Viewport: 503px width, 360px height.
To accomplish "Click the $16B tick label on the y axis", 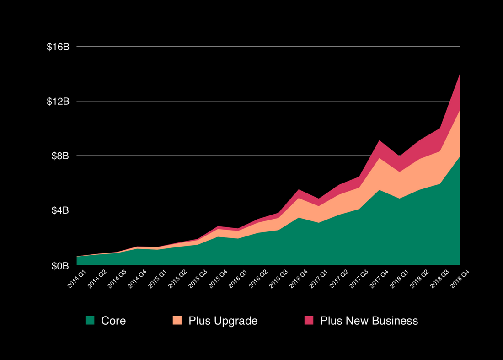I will tap(58, 47).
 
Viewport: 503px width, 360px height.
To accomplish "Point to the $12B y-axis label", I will tap(58, 101).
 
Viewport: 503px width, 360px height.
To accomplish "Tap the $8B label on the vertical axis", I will tap(60, 156).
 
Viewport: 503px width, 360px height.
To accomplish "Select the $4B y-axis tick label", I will tap(60, 210).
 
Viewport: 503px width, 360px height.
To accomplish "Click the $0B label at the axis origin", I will tap(60, 265).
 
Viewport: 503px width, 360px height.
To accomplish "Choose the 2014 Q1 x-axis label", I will tap(76, 278).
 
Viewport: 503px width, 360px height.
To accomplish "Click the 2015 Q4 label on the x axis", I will tap(218, 278).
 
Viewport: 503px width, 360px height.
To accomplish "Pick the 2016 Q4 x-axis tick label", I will tap(298, 278).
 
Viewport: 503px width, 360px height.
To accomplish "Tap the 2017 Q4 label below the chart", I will tap(379, 278).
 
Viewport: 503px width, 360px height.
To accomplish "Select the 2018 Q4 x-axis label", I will tap(460, 278).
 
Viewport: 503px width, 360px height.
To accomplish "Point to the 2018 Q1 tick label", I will tap(399, 278).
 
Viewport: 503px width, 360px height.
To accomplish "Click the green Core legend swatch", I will tap(90, 321).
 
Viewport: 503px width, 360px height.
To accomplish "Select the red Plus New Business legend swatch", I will tap(309, 321).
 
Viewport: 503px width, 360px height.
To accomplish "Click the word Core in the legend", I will tap(113, 321).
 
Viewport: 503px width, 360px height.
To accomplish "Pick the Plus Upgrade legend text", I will tap(223, 321).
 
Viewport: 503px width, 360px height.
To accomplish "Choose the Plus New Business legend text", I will tap(369, 321).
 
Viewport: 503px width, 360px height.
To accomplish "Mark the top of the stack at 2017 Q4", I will tap(379, 140).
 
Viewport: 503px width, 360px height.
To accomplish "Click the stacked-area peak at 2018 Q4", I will tap(460, 73).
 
